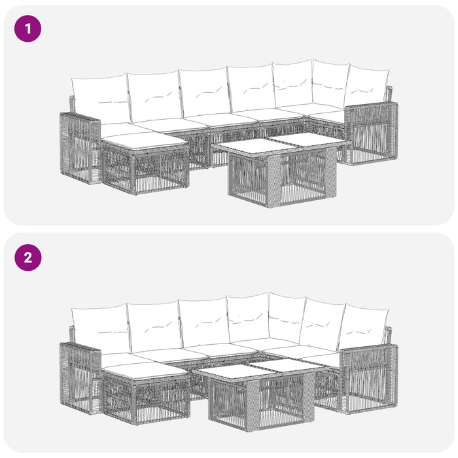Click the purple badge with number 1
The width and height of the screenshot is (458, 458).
pos(27,29)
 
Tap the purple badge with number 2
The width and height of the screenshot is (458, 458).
pos(27,258)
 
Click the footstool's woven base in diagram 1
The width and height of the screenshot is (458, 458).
pos(145,169)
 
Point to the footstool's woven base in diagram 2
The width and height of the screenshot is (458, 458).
pos(145,398)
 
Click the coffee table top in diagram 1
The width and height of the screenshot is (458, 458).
pos(281,143)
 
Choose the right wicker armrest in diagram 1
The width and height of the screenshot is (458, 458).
pos(371,133)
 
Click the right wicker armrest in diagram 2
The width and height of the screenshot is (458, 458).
pos(369,379)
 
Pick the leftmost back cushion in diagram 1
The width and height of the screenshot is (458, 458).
pos(100,99)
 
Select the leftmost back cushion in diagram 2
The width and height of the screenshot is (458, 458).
pos(100,328)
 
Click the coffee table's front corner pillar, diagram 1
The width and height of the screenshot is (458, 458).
pos(274,180)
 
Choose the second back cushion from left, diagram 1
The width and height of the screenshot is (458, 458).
pos(154,97)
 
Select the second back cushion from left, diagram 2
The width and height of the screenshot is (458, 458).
pos(154,326)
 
